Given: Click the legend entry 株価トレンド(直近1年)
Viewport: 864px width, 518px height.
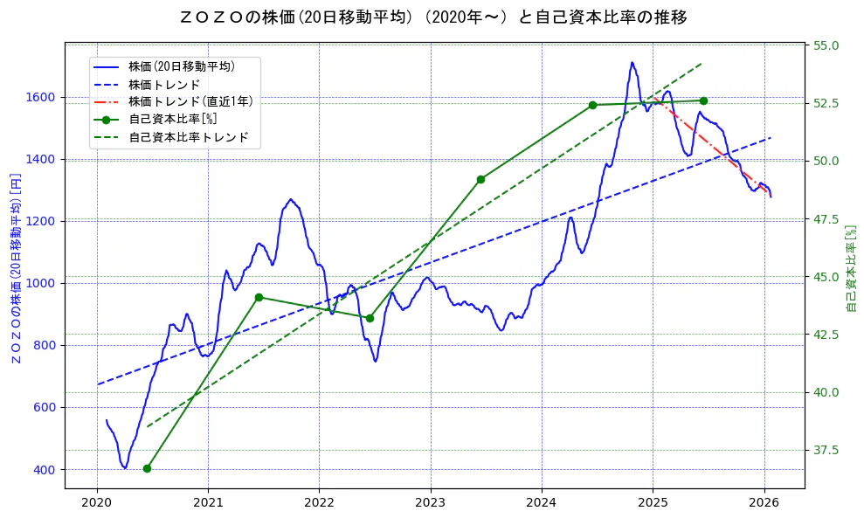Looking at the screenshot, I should tap(190, 101).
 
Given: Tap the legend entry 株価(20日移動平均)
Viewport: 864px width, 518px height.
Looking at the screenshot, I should tap(181, 66).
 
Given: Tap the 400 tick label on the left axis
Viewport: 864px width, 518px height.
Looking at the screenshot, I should tap(45, 470).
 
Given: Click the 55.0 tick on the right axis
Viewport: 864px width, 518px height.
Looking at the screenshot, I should tap(826, 45).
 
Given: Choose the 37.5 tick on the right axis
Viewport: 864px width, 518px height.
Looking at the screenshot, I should tap(826, 450).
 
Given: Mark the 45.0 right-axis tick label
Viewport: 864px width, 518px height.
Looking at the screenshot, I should tap(826, 277).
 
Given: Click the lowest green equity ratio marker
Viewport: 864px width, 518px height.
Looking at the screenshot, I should tap(147, 468).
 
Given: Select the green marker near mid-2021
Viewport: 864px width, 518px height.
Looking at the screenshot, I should tap(259, 297).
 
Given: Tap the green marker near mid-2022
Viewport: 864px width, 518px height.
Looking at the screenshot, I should tap(370, 318).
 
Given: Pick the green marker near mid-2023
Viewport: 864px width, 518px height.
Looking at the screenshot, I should tap(480, 179).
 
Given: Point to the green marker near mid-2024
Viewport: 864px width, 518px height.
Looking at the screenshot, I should tap(592, 105).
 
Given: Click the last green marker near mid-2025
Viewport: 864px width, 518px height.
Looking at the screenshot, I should tap(703, 100).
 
